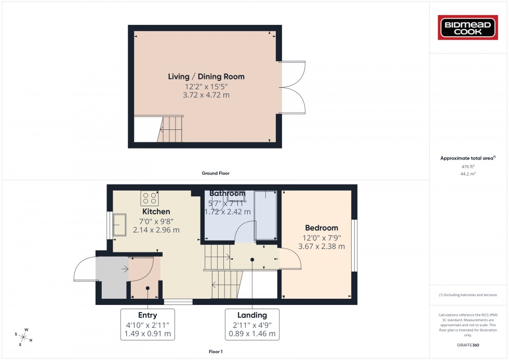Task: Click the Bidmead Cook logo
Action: click(468, 28)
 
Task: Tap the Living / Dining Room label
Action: click(206, 76)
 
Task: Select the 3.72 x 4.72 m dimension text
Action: click(206, 95)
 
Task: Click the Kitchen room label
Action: click(156, 211)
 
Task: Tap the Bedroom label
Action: click(322, 228)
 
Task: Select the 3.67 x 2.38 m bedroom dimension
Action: click(322, 246)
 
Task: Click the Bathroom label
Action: click(227, 194)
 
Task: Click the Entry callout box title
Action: click(148, 315)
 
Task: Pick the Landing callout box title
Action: click(252, 315)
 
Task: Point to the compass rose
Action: click(23, 337)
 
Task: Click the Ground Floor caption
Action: click(216, 173)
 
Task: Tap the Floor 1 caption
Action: click(215, 352)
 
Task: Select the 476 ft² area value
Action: click(468, 166)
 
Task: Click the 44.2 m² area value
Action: click(468, 175)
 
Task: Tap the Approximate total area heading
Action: click(467, 157)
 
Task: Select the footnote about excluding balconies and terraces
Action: click(468, 295)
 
